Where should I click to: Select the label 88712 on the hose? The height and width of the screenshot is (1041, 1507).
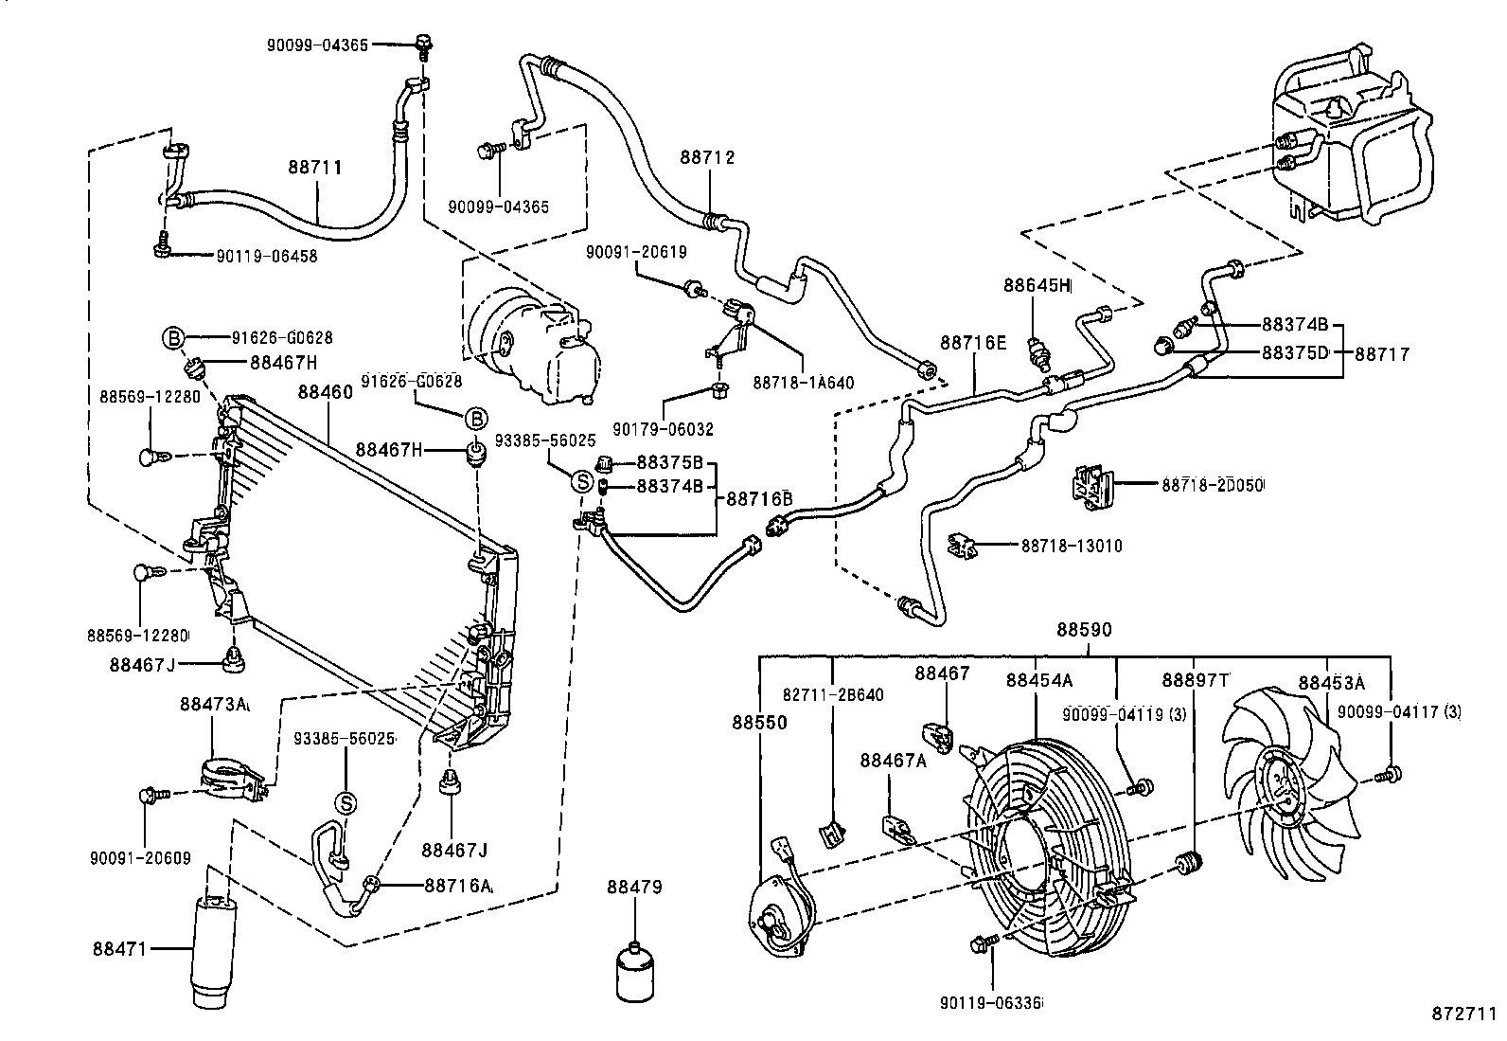click(x=706, y=157)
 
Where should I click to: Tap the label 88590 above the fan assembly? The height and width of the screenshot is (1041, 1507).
click(x=1084, y=630)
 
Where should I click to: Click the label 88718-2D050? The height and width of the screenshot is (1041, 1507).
click(x=1214, y=485)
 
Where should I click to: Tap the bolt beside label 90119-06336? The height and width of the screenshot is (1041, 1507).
click(x=982, y=944)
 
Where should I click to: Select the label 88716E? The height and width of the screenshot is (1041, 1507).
click(x=972, y=342)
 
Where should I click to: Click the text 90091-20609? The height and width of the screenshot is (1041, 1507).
click(x=141, y=858)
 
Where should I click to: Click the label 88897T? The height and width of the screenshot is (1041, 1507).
click(x=1195, y=680)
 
